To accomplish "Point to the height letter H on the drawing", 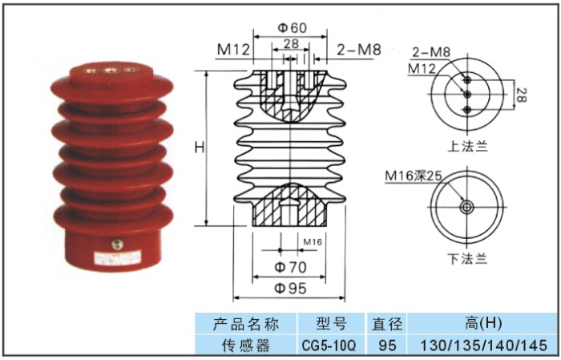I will (200, 148).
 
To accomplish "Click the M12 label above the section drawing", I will (233, 51).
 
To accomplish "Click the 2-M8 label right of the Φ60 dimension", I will (354, 51).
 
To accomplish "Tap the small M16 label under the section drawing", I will (313, 241).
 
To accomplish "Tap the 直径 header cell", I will (387, 324).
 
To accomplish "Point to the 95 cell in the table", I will (387, 346).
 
